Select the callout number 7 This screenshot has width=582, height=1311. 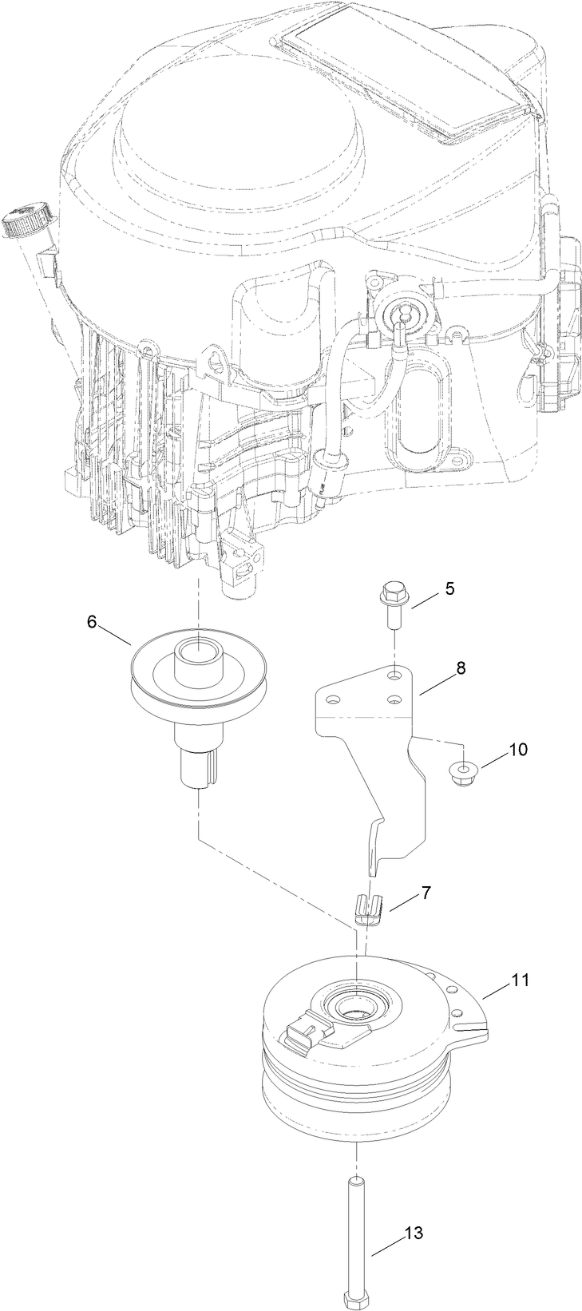pos(426,893)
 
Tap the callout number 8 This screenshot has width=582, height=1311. pos(461,669)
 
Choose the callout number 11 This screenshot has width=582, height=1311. pos(520,980)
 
